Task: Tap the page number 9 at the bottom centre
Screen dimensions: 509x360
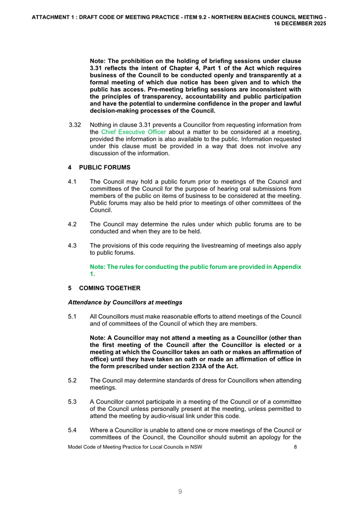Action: point(180,492)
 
